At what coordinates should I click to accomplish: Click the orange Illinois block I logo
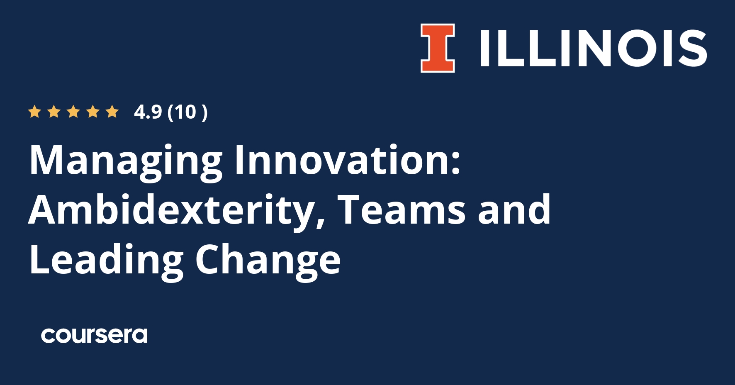coord(438,48)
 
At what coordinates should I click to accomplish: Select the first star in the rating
coord(34,112)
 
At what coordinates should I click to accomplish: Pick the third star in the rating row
coord(73,112)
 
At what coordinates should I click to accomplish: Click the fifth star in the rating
coord(112,112)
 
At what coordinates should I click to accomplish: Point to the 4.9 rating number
coord(148,112)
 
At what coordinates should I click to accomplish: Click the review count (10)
coord(187,112)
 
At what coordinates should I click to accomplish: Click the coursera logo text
coord(94,336)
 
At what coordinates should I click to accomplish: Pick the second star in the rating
coord(54,112)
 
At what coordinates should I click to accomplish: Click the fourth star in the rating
coord(93,112)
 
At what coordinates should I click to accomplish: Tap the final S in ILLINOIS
coord(692,48)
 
